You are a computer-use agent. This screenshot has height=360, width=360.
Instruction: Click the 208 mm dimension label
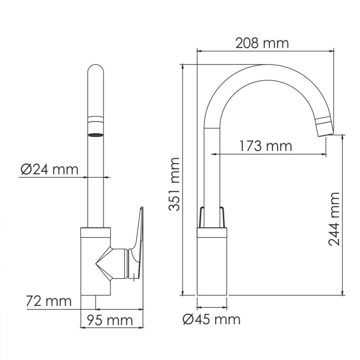click(262, 43)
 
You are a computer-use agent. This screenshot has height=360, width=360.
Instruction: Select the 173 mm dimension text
click(265, 146)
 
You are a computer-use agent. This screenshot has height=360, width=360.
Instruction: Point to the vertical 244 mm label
click(334, 219)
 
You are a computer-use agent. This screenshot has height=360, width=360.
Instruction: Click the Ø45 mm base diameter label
click(211, 319)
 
